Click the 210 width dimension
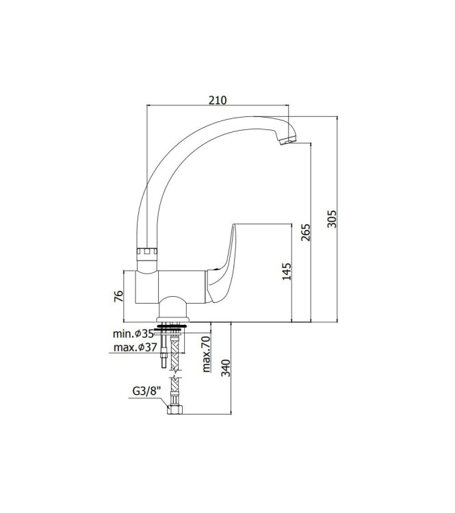pos(217,101)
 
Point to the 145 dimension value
pos(287,272)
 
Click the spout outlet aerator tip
pos(287,140)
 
